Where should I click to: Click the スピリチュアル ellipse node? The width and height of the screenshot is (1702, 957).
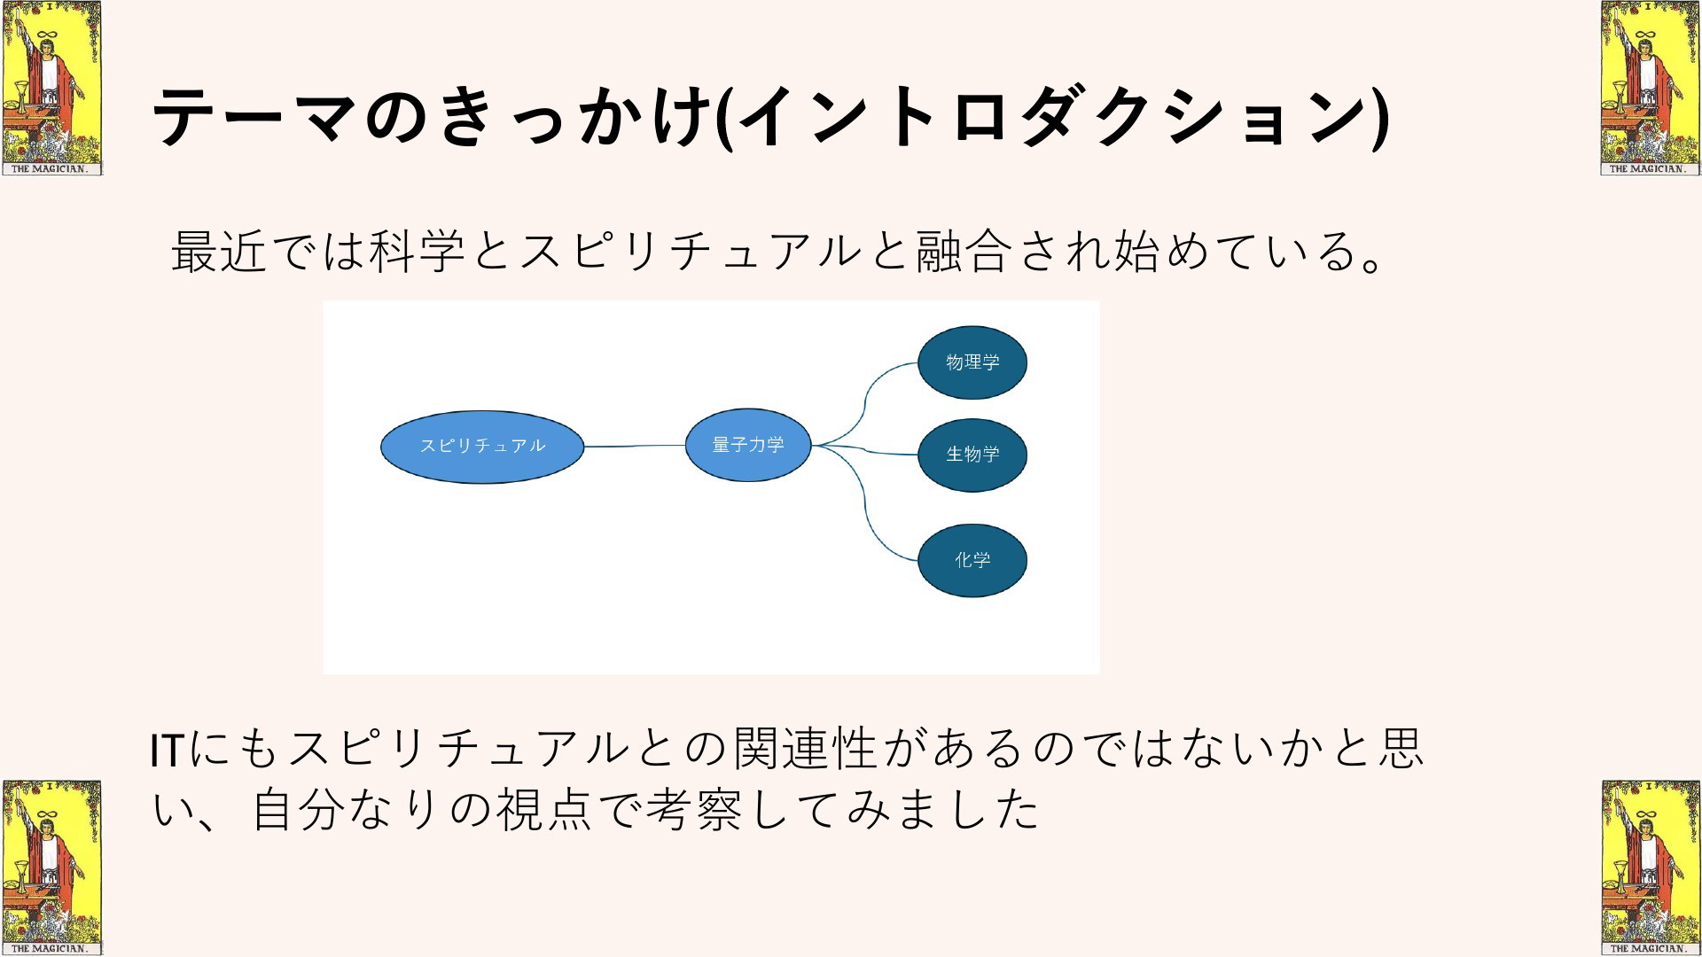click(482, 447)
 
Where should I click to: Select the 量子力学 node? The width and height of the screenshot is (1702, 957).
click(748, 445)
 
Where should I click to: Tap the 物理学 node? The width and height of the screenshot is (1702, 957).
click(972, 362)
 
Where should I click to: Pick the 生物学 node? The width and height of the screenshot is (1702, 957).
click(972, 455)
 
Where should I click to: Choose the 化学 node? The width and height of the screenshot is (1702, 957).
click(972, 560)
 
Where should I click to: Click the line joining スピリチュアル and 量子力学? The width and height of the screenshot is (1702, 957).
click(635, 446)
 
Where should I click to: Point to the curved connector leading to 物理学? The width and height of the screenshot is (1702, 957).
click(865, 403)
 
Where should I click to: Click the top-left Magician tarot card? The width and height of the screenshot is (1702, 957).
click(51, 88)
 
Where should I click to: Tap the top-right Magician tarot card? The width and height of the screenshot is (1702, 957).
click(1651, 88)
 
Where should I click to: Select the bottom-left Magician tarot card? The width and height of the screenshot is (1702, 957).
click(51, 868)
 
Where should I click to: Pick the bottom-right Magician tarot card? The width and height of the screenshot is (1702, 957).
click(1651, 868)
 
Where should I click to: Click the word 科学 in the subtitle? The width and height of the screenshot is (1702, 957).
click(417, 251)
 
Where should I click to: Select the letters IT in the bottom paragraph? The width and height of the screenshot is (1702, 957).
click(167, 750)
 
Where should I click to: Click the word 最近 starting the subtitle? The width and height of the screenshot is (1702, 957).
click(218, 251)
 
